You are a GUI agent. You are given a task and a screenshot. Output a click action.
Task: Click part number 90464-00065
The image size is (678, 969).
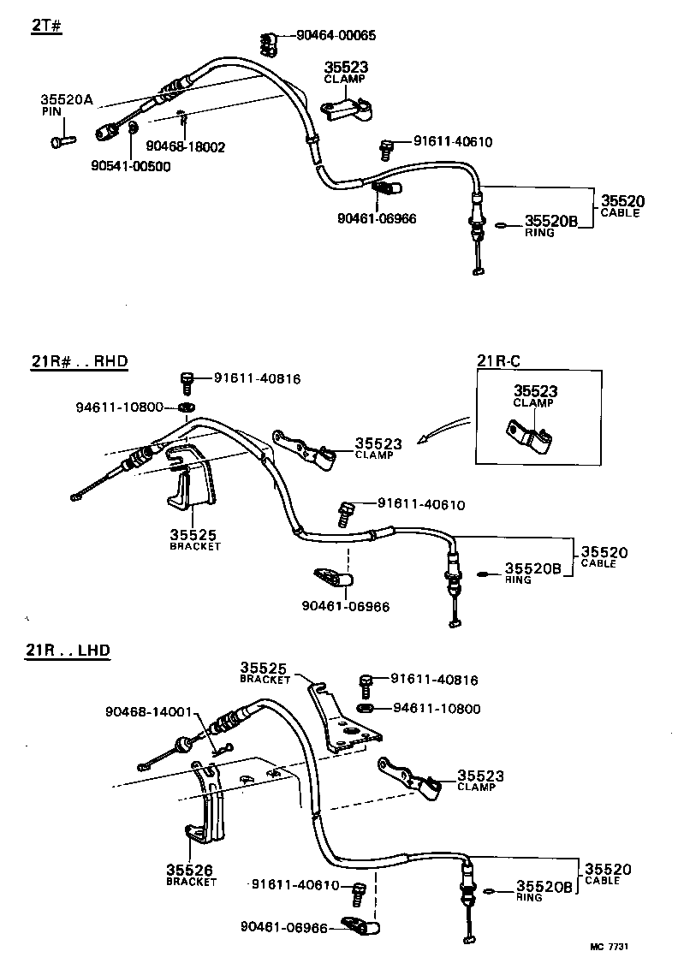coord(336,36)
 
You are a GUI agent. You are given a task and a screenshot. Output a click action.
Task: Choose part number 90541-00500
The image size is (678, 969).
coord(131,166)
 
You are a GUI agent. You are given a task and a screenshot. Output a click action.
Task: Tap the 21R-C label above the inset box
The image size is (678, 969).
coord(498,361)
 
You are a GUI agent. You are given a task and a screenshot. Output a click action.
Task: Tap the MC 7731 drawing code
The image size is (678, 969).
coord(610,946)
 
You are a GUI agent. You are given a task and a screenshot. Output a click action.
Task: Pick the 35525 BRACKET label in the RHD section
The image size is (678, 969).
coord(194,538)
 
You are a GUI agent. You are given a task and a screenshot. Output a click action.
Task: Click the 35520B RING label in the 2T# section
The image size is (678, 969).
coord(550,225)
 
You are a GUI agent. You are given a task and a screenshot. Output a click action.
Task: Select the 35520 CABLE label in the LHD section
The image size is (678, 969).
coord(607,873)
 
